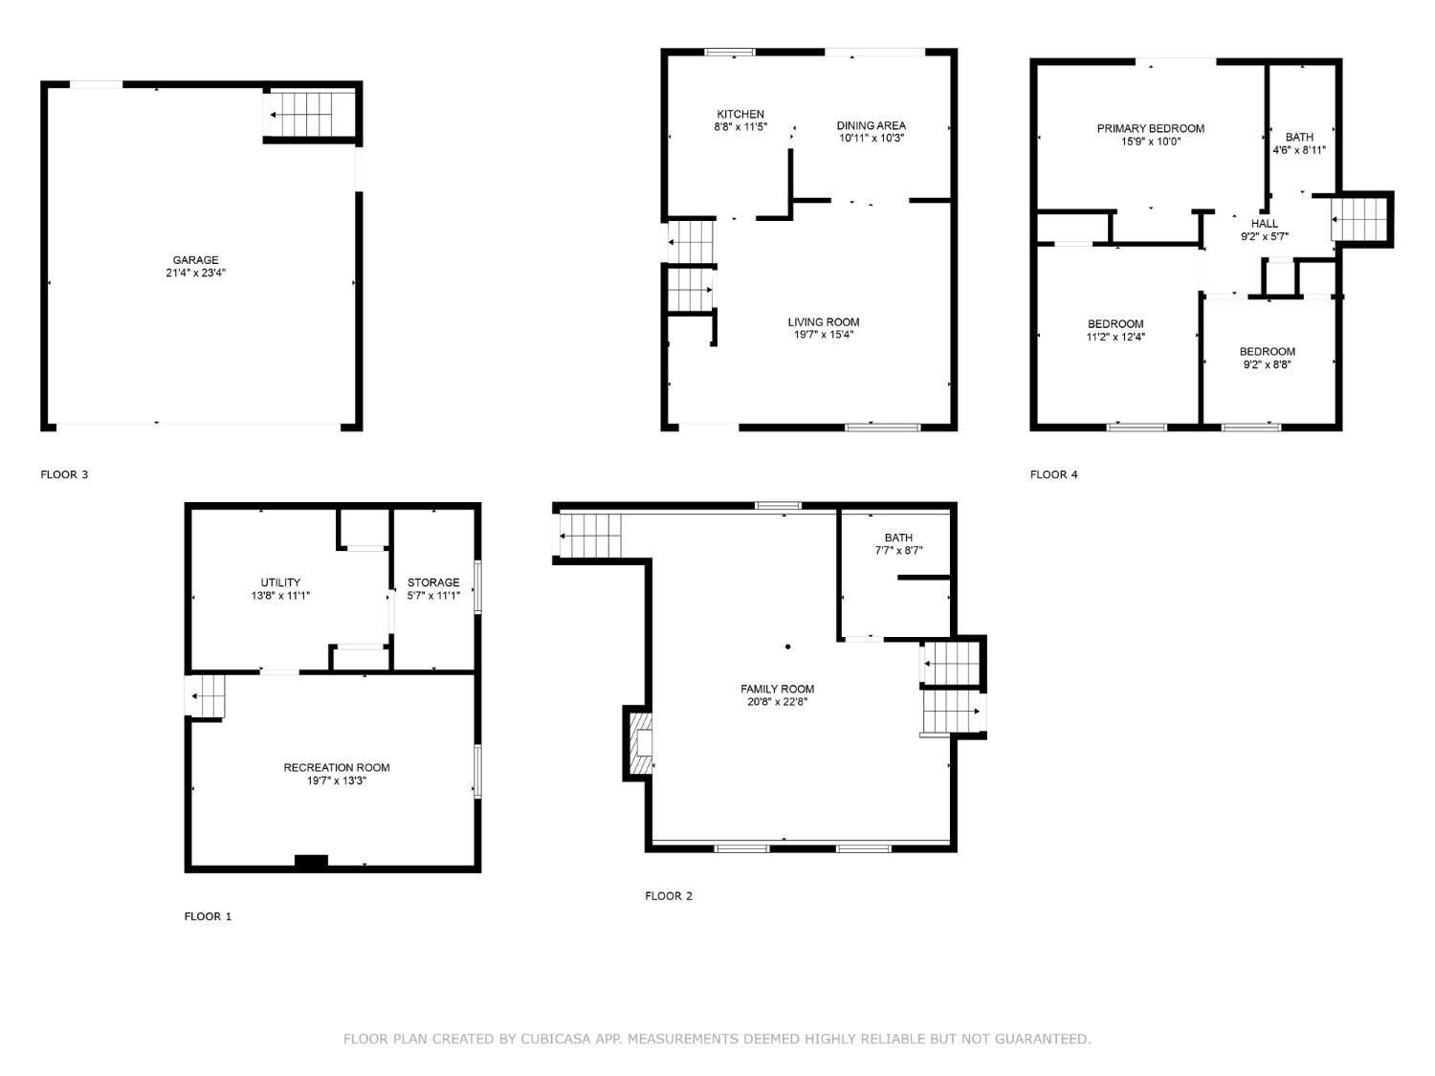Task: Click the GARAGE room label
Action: [195, 260]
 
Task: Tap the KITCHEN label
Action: [740, 115]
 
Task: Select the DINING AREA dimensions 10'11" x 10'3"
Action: [871, 138]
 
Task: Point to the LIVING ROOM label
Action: [823, 322]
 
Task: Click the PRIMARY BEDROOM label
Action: [1151, 129]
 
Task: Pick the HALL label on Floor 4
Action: [1265, 224]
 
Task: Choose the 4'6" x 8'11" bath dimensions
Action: [1299, 149]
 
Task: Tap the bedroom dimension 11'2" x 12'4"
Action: [1115, 337]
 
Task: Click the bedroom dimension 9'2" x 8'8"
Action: [1267, 364]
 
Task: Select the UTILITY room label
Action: [280, 582]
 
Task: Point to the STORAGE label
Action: [433, 582]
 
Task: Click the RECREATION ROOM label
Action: [337, 768]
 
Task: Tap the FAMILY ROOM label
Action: [778, 689]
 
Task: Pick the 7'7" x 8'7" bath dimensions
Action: [899, 550]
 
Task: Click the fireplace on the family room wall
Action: [638, 743]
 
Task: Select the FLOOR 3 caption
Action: [64, 475]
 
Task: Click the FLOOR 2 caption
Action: [669, 895]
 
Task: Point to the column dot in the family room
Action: [788, 647]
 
